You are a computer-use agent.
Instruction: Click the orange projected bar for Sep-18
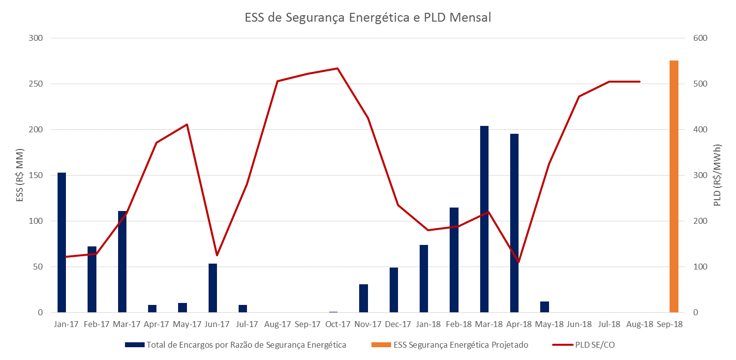click(674, 187)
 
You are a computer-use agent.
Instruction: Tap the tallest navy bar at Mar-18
click(484, 219)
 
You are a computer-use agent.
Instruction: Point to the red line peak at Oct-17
click(337, 68)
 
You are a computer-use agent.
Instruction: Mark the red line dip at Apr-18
click(518, 262)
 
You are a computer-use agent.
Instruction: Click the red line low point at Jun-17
click(217, 255)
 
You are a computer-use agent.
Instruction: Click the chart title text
click(368, 18)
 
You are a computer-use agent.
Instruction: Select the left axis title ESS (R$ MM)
click(20, 175)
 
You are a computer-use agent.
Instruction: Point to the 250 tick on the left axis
click(35, 84)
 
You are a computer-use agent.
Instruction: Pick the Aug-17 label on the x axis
click(277, 325)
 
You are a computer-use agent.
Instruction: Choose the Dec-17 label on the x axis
click(398, 325)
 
